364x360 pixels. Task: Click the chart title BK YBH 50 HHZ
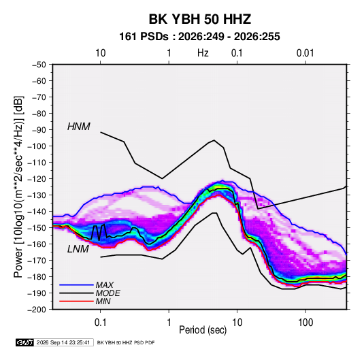200,19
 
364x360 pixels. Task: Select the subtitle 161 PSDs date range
199,37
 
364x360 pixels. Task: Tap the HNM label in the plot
79,127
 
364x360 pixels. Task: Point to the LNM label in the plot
78,249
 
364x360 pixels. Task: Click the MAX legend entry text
105,285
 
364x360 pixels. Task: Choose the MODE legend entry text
108,293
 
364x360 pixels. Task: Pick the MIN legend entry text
103,301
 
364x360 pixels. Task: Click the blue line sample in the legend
76,285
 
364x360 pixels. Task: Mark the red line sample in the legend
76,301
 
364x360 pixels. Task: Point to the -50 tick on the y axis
39,65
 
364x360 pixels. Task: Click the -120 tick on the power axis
37,179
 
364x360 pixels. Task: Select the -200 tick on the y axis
37,310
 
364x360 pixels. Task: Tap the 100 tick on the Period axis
305,323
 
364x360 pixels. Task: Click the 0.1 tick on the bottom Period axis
100,323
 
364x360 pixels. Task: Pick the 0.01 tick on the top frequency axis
305,53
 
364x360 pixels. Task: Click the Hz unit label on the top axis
203,53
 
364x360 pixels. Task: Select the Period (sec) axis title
203,330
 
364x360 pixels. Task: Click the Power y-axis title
18,186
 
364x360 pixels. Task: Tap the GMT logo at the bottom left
24,342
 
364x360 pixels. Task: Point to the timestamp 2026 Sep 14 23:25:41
63,342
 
